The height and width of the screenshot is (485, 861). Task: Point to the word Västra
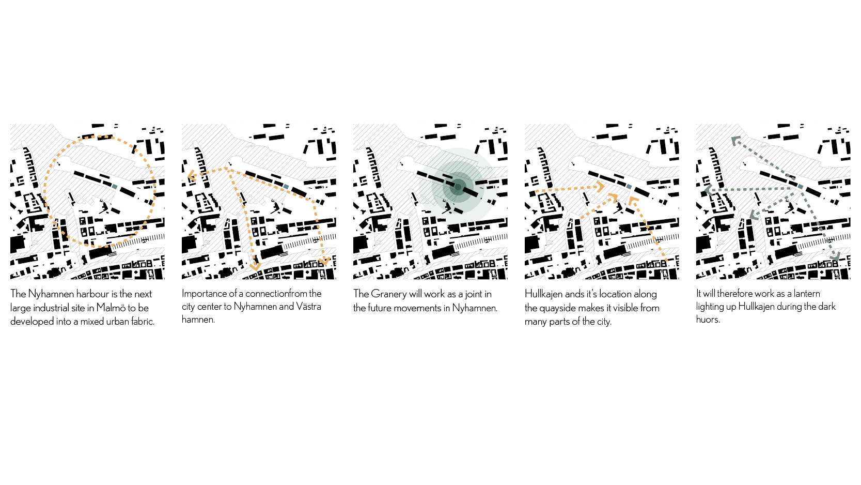308,307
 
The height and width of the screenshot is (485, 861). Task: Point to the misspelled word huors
708,320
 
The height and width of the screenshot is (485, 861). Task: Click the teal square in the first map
115,186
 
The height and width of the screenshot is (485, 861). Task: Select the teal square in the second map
286,186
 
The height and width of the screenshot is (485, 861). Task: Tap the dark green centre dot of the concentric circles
458,188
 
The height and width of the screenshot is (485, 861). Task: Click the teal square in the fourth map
629,186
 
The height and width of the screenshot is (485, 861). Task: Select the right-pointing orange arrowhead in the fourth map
601,187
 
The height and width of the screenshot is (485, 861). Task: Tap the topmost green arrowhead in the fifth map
735,141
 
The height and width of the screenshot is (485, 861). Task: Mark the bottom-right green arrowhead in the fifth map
835,256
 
